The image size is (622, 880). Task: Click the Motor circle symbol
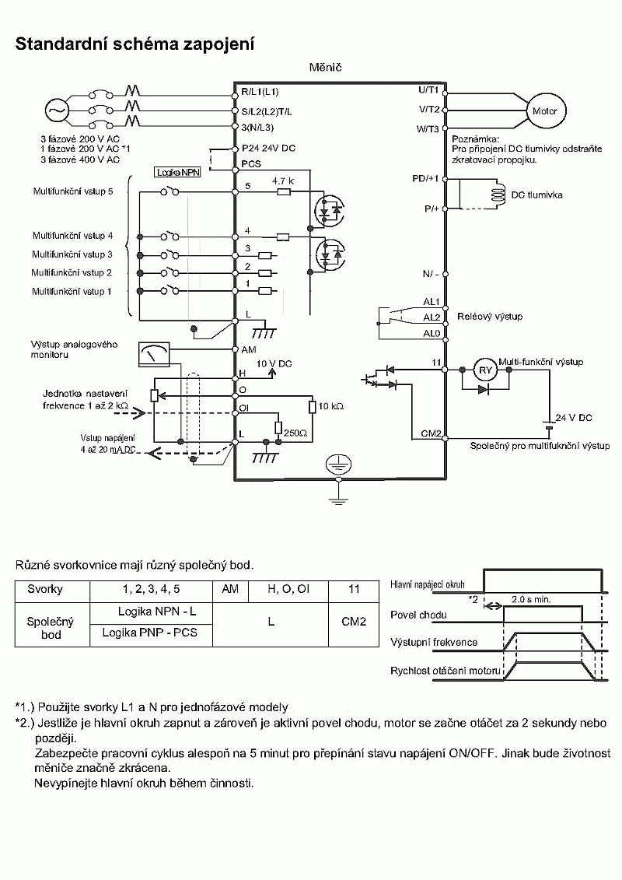point(545,111)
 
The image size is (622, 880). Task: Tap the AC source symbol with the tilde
point(57,110)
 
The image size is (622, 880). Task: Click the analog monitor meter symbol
point(153,355)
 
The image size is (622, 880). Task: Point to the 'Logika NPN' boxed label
point(178,173)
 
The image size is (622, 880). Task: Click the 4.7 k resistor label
point(283,181)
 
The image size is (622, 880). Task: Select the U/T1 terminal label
point(428,91)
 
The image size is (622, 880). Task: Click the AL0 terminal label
point(432,333)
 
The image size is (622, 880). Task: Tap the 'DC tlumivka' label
point(536,195)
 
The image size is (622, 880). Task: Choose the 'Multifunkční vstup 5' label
point(73,191)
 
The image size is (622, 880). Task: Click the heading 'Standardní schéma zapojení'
point(135,44)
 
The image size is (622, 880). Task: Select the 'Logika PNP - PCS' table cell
point(150,633)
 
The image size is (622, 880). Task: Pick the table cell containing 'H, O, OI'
point(288,590)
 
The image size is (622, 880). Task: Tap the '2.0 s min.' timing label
point(531,600)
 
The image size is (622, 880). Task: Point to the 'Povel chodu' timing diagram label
point(418,615)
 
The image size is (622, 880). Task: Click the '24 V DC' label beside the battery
point(573,418)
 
